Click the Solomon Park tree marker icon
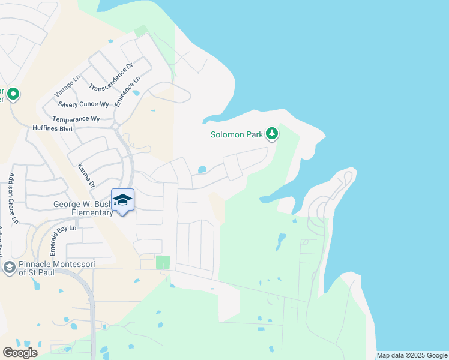(x=272, y=133)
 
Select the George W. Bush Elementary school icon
(x=122, y=200)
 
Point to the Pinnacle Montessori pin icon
(x=9, y=267)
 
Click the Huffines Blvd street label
(x=52, y=128)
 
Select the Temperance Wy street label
(x=76, y=119)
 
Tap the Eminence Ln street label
(x=128, y=92)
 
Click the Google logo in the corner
(x=20, y=353)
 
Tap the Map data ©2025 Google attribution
(x=412, y=355)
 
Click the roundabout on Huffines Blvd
(x=114, y=126)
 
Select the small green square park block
(x=163, y=262)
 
